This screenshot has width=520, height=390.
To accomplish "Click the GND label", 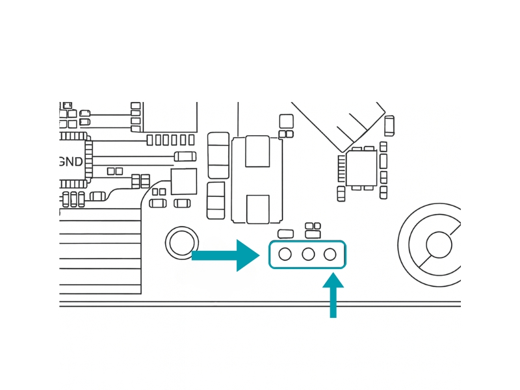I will (x=71, y=162).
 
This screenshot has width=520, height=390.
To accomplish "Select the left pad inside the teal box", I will (x=285, y=254).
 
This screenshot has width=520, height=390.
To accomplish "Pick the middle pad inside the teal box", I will (x=308, y=254).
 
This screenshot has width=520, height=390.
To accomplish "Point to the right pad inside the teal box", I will (x=330, y=254).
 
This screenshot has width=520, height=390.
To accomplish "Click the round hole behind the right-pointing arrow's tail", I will (x=182, y=243).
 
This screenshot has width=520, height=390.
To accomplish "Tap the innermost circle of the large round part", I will (x=439, y=245).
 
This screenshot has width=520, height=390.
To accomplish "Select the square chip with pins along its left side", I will (x=361, y=168).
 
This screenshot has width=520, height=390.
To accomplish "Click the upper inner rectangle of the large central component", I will (x=257, y=151).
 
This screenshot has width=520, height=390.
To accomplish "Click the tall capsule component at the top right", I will (x=389, y=125).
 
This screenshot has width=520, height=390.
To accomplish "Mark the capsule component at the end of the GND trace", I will (x=185, y=156).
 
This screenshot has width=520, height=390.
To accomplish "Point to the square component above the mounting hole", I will (x=183, y=181).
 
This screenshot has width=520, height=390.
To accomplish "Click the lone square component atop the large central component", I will (x=286, y=121).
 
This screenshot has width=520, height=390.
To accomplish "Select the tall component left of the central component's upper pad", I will (x=218, y=155).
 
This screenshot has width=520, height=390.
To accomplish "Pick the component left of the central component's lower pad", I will (x=216, y=200).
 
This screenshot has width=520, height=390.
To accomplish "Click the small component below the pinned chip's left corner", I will (x=341, y=194).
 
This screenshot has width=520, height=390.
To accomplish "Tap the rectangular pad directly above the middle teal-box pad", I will (x=313, y=234).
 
